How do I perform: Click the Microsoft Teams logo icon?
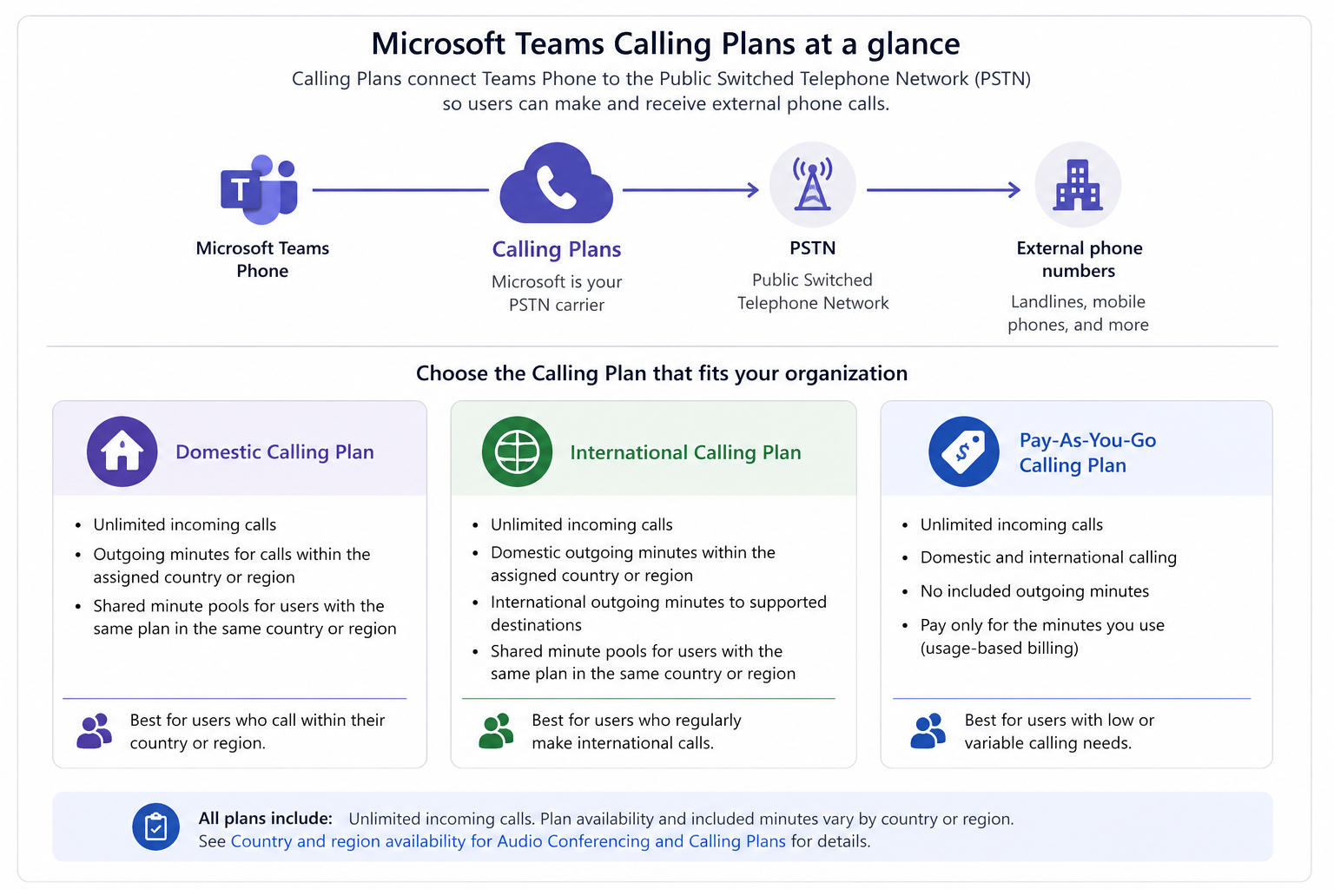259,188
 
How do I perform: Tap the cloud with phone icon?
556,183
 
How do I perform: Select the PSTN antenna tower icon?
812,185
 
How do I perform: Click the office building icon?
1078,185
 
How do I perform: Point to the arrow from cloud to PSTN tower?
690,190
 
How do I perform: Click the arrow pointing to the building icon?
944,190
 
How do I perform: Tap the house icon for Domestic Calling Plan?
122,451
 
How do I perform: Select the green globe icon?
517,451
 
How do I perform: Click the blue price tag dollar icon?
963,451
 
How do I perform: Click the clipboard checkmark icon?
156,826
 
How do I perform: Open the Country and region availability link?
508,840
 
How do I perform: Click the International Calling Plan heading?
685,452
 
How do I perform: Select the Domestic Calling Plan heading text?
274,452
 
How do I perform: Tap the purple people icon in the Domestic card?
94,731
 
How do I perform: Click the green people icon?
496,731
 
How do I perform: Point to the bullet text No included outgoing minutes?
1034,590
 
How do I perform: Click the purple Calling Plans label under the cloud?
556,249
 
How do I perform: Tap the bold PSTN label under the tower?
812,247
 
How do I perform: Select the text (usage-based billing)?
1000,648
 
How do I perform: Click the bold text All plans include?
266,818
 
